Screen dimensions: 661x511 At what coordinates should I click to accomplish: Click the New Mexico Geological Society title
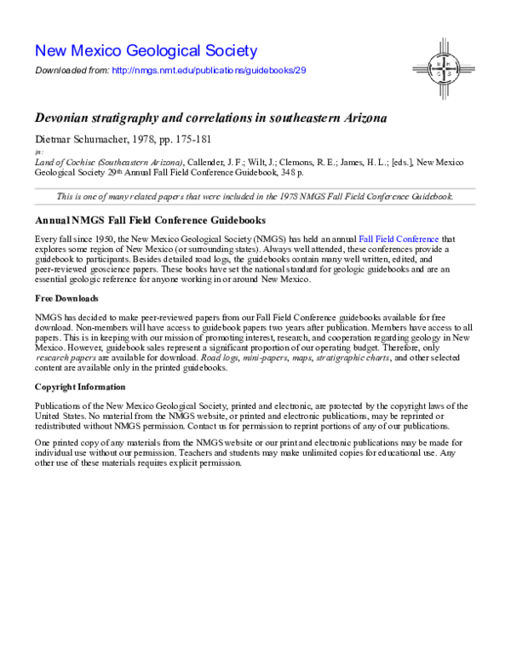146,50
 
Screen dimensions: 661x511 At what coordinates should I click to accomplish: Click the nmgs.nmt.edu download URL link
208,70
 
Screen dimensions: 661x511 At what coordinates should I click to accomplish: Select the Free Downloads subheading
66,298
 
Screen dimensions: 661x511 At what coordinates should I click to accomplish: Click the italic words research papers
58,359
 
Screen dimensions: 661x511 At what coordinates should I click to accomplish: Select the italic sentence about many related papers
255,196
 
